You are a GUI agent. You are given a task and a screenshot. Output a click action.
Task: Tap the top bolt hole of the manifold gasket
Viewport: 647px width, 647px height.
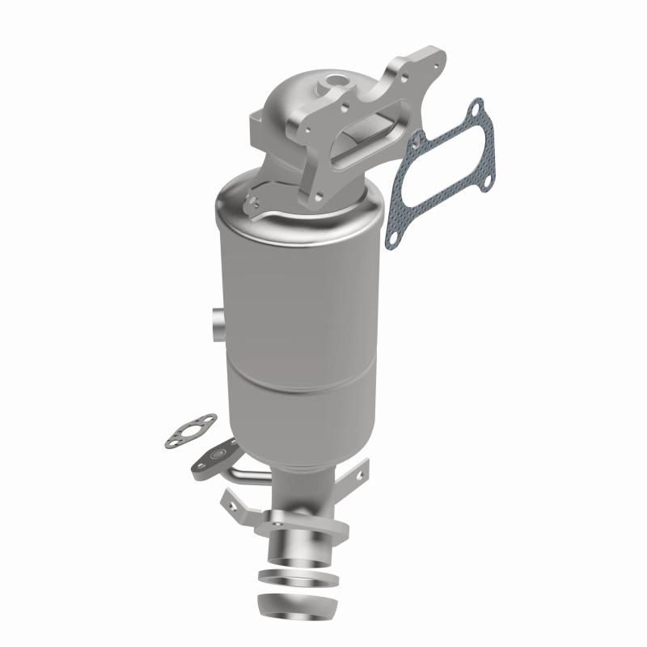475,108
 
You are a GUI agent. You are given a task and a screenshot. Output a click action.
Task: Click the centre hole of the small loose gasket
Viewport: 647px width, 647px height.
194,429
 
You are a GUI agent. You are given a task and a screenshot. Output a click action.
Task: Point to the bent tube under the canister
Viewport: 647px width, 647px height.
243,473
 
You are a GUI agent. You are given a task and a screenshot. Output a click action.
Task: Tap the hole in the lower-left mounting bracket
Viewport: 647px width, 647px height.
233,503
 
